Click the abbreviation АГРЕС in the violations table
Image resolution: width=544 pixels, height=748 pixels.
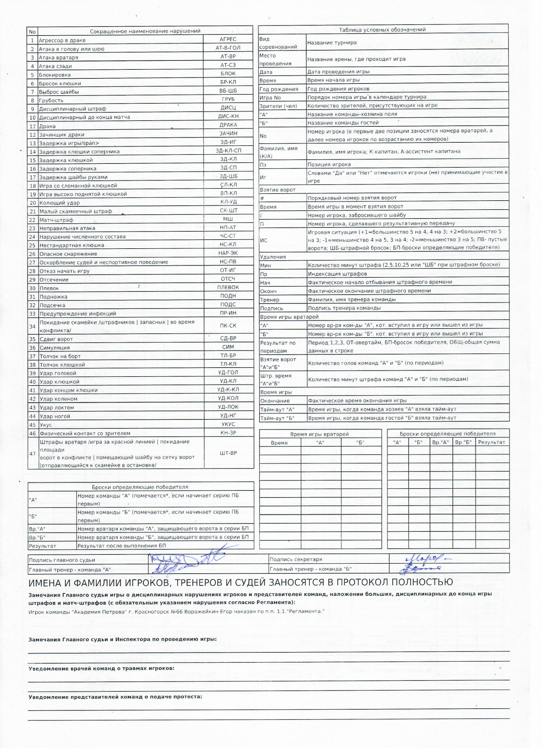pyautogui.click(x=228, y=39)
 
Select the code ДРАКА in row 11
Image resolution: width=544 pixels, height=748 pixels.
pyautogui.click(x=228, y=125)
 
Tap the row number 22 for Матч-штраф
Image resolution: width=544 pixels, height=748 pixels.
pyautogui.click(x=32, y=220)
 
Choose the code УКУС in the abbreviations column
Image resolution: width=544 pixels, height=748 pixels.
pyautogui.click(x=228, y=425)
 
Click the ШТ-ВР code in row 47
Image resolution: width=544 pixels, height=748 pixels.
pyautogui.click(x=228, y=453)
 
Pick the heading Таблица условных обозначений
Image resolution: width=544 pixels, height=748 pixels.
pyautogui.click(x=382, y=30)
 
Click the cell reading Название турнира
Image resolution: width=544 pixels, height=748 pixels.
pyautogui.click(x=332, y=43)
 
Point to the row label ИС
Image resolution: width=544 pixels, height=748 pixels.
pyautogui.click(x=264, y=241)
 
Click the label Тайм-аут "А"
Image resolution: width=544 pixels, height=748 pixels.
pyautogui.click(x=277, y=410)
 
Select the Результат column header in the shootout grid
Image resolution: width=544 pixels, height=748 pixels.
pyautogui.click(x=492, y=442)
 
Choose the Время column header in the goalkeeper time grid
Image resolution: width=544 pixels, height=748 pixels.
pyautogui.click(x=279, y=443)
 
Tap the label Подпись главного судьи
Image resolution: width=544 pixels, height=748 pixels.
pyautogui.click(x=62, y=560)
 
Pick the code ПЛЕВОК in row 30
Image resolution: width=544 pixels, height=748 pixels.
pyautogui.click(x=228, y=287)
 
